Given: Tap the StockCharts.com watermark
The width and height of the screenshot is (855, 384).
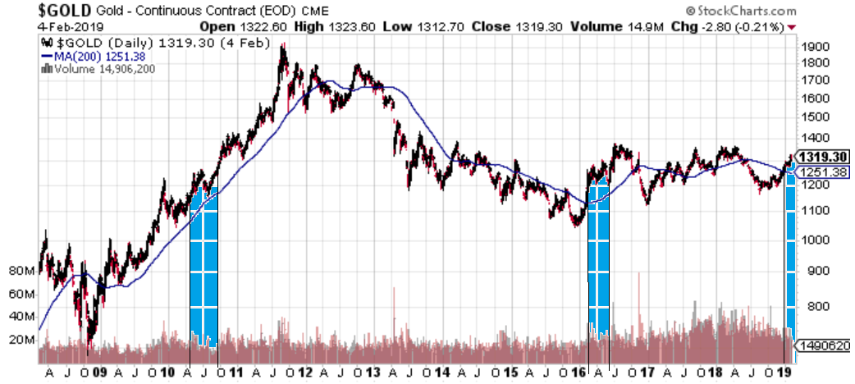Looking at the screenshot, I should (739, 11).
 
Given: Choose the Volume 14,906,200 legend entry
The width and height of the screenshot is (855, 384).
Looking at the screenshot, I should (103, 69).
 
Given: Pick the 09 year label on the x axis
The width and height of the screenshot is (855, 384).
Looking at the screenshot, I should (99, 372).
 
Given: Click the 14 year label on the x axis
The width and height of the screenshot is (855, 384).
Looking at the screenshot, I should (441, 372).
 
